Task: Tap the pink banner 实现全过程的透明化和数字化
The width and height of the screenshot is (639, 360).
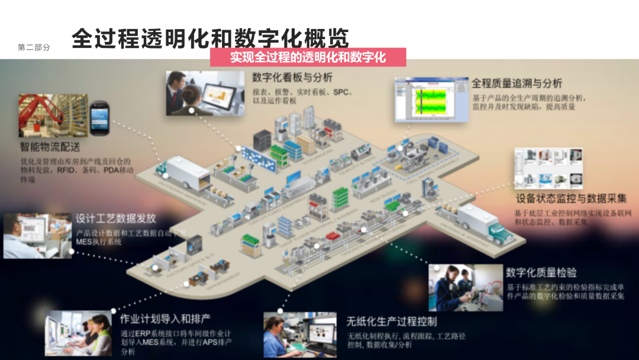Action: click(308, 57)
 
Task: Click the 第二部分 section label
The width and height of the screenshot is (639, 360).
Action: click(34, 47)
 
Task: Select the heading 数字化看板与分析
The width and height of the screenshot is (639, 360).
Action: click(292, 78)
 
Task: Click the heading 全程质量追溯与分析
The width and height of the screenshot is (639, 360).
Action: click(517, 83)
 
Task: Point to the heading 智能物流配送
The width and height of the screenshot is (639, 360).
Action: click(50, 146)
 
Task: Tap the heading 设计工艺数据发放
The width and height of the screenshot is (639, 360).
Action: click(115, 218)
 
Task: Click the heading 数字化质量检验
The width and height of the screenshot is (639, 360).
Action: click(541, 272)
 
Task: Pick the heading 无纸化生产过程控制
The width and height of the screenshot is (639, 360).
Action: click(392, 322)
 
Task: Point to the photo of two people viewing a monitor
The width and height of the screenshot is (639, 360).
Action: click(205, 94)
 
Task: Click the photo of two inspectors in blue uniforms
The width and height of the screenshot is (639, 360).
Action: click(465, 288)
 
